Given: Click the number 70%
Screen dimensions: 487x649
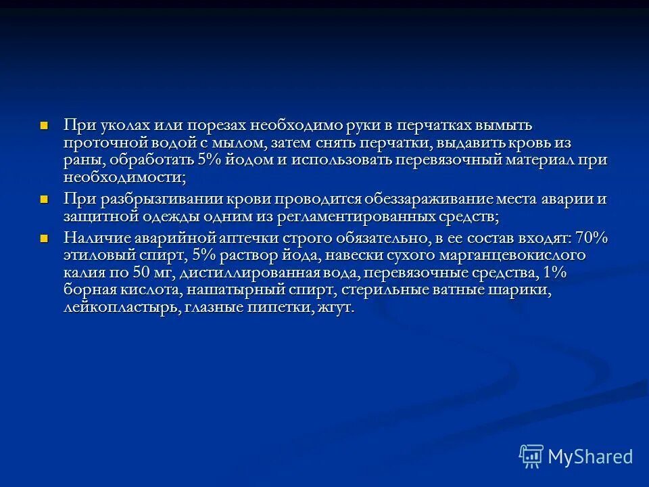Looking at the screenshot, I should [592, 238].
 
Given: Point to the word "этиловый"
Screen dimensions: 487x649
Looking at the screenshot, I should [99, 256].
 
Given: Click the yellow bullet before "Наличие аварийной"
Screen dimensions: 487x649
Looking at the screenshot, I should [45, 238].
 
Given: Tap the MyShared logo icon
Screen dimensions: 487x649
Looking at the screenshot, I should [531, 456].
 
